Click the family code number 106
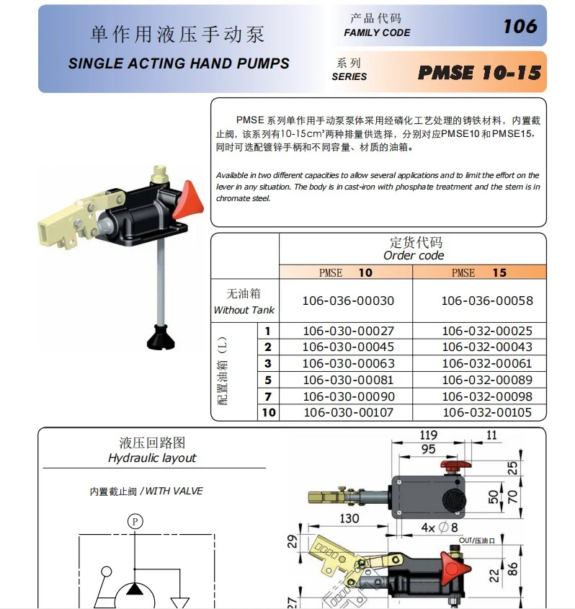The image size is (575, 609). [520, 27]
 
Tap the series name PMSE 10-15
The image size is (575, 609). [479, 73]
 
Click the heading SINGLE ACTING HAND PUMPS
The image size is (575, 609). [179, 63]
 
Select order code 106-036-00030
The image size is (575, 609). [348, 301]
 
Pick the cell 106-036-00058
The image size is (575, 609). [487, 301]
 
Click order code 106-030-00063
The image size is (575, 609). [349, 363]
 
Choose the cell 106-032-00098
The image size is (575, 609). [487, 396]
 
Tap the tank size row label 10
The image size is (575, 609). [269, 412]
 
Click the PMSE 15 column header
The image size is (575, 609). [479, 272]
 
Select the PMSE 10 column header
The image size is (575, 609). [346, 272]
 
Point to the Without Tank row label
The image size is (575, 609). [244, 310]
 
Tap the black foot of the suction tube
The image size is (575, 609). [161, 338]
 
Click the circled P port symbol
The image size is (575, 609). [135, 521]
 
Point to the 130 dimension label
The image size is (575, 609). [349, 518]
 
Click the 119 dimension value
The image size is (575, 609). [428, 435]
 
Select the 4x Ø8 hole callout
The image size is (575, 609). [440, 528]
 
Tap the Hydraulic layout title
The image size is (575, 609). [152, 458]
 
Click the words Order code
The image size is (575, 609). [414, 256]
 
